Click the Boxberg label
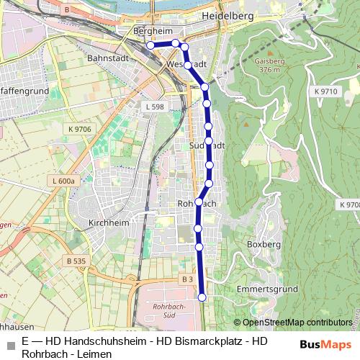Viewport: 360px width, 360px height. click(x=263, y=244)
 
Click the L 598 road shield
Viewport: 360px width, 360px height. click(x=155, y=107)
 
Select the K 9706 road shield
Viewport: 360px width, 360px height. click(x=81, y=129)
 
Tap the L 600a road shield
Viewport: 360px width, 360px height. click(x=64, y=181)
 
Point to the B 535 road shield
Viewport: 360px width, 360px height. click(x=75, y=261)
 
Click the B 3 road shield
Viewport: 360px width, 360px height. click(x=187, y=279)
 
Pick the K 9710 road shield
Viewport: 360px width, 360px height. click(x=325, y=91)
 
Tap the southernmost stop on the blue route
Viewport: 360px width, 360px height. click(x=202, y=297)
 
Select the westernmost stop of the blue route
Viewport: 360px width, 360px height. click(x=151, y=45)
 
